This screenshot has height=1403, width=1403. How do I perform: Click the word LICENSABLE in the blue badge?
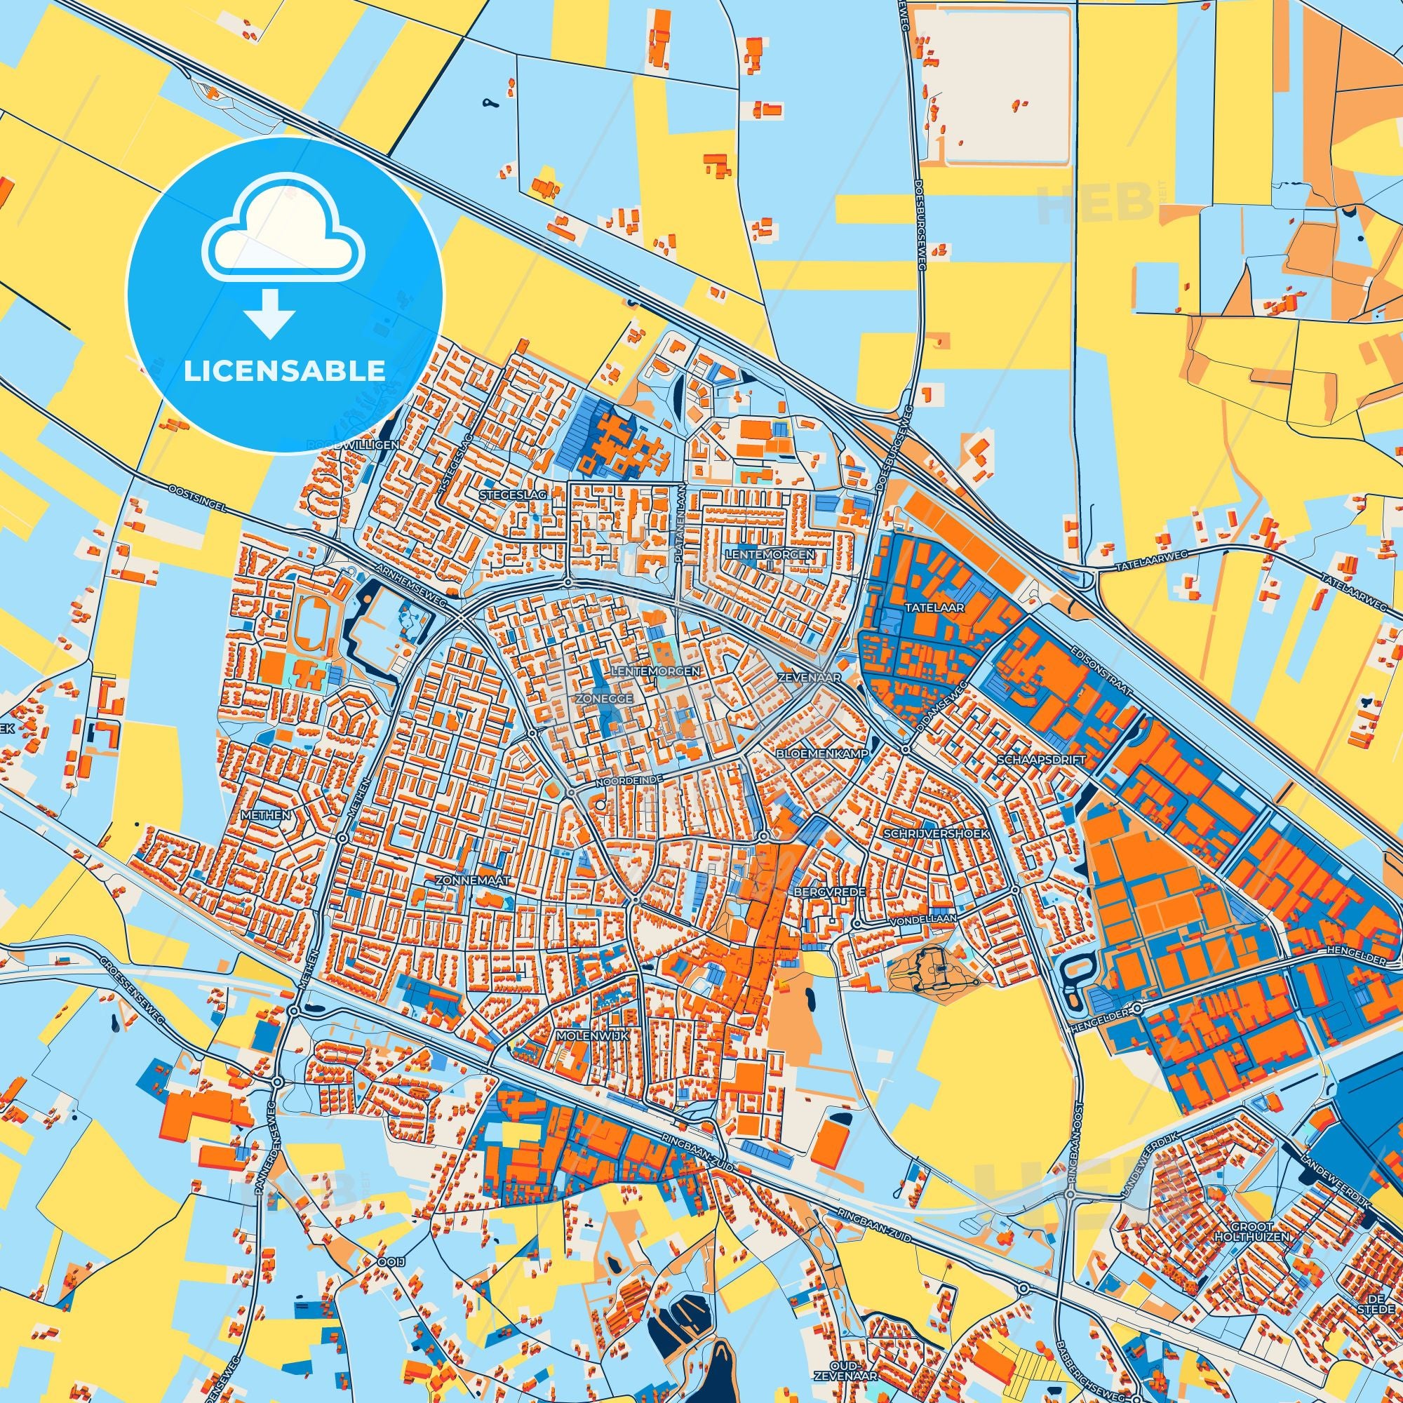284,371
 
